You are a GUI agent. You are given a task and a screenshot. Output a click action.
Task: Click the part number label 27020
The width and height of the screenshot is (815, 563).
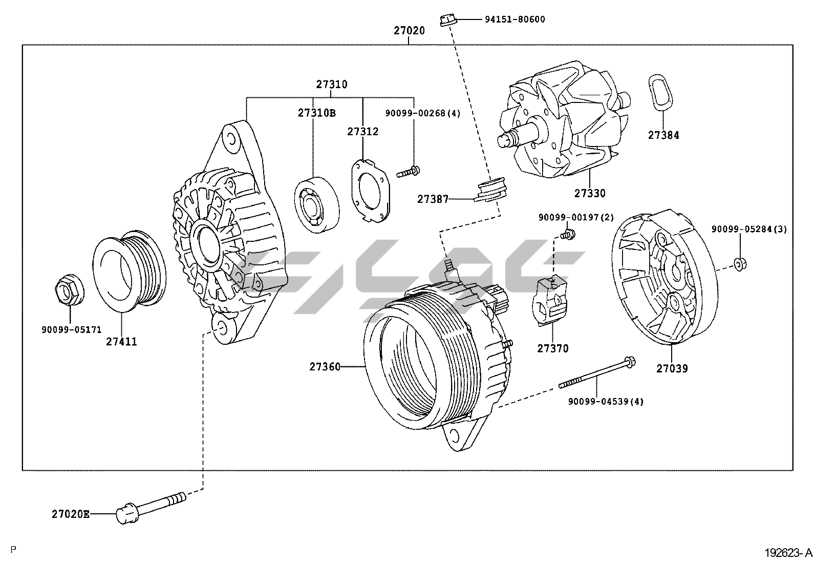409,31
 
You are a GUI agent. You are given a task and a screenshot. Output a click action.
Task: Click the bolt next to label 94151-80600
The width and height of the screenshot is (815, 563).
447,20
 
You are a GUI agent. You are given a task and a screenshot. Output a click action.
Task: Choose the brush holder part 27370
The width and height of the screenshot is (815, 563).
551,300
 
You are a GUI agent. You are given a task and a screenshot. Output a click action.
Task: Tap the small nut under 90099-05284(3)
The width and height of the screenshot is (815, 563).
739,263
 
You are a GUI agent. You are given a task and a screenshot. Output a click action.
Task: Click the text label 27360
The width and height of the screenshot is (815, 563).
325,367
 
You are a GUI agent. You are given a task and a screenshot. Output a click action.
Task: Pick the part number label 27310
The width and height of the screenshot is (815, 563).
331,85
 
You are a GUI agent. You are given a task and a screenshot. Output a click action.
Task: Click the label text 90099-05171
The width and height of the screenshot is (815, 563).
65,329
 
